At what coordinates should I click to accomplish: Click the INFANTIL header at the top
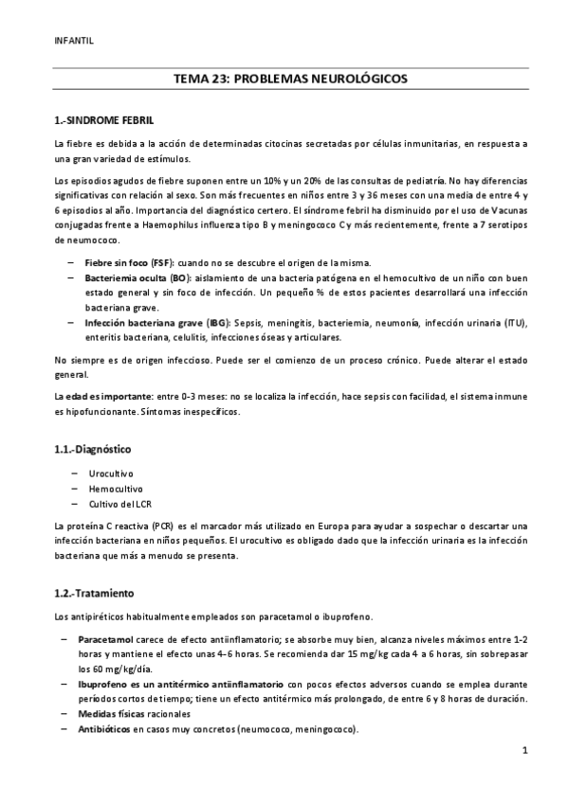pos(75,41)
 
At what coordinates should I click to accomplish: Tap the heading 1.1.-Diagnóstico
pos(92,449)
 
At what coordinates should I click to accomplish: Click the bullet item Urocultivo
pos(110,473)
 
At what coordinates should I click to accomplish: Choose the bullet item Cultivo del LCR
pos(119,505)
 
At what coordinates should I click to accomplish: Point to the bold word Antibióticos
pos(106,729)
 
